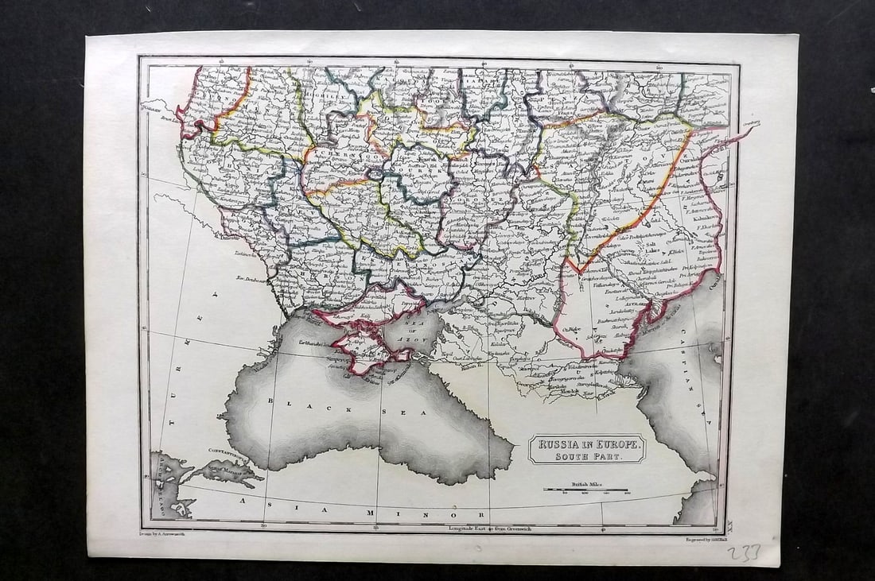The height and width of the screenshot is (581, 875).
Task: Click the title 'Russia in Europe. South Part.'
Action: pos(587,449)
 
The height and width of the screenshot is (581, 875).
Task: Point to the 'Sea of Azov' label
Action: pos(419,331)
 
